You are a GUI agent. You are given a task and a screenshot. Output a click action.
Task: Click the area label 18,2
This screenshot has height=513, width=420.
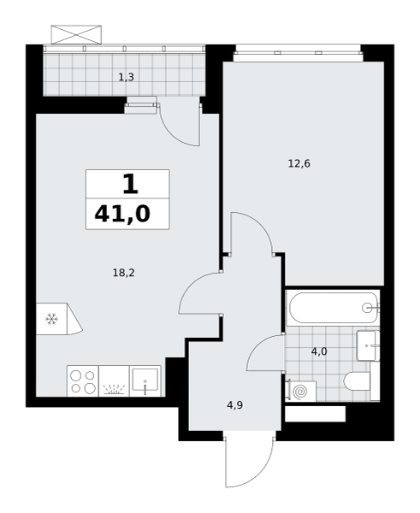[x=124, y=273]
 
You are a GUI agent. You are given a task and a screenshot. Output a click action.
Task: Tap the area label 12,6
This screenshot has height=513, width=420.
[x=299, y=163]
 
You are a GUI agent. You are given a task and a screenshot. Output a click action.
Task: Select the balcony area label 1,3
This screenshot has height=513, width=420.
[x=126, y=78]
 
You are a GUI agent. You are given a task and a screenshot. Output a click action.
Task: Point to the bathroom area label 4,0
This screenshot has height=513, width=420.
[x=319, y=351]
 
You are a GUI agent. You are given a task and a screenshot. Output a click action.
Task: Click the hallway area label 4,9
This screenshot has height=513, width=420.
[x=235, y=405]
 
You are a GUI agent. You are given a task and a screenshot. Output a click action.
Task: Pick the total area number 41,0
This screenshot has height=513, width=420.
[x=122, y=215]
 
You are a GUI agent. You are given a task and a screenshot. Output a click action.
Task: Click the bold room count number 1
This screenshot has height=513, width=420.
[x=130, y=184]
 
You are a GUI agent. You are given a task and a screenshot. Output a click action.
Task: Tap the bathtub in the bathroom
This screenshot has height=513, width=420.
[x=333, y=308]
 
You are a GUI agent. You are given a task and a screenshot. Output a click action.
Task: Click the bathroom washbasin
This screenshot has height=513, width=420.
[x=368, y=345]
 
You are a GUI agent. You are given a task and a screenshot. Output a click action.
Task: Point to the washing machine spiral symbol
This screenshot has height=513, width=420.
[x=299, y=392]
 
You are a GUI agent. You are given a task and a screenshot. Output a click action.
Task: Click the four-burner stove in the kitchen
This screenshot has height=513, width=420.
[x=83, y=381]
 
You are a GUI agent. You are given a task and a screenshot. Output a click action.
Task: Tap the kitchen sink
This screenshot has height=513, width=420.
[x=145, y=380]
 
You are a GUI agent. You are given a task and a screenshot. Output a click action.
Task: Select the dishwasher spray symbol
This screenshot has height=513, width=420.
[x=114, y=389]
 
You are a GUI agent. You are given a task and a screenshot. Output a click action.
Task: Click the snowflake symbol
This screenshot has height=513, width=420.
[x=51, y=319]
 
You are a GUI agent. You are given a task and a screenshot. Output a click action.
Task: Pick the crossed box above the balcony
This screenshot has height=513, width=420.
[x=76, y=34]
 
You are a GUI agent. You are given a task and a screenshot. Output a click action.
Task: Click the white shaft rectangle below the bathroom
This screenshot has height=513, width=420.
[x=316, y=414]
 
